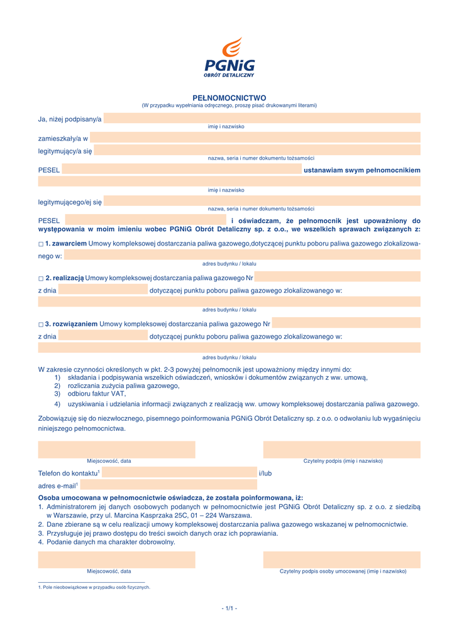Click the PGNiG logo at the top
pos(229,57)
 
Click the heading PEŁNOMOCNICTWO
pos(229,98)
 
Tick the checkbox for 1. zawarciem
pos(41,244)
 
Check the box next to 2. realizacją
pos(41,278)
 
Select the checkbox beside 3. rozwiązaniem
pos(41,325)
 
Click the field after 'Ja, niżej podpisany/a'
pos(262,119)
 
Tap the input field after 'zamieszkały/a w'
pos(255,138)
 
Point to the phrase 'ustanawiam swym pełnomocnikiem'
pos(362,170)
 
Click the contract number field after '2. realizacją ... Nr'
pos(337,278)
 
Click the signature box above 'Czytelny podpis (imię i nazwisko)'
pos(341,449)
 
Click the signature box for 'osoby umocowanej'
pos(341,559)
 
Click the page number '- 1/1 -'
pos(229,608)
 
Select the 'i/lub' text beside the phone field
pos(265,473)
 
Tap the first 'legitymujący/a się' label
pos(65,151)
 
